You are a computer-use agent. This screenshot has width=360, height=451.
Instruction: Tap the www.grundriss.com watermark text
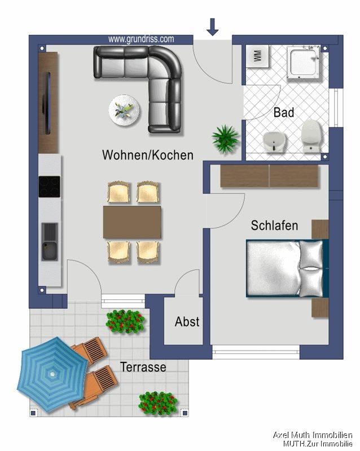[x=141, y=39]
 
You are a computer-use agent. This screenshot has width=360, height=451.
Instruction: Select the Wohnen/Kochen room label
[x=147, y=155]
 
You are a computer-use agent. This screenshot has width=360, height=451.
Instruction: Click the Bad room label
[x=284, y=113]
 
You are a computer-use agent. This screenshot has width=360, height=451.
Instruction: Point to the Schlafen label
[x=274, y=225]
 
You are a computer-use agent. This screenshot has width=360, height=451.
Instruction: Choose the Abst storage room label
[x=187, y=322]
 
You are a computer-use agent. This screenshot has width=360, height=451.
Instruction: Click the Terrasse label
[x=143, y=368]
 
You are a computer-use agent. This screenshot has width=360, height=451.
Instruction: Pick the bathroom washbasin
[x=274, y=140]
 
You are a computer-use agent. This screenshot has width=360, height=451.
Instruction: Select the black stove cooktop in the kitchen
[x=49, y=187]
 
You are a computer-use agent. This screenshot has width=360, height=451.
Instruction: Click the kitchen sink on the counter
[x=49, y=241]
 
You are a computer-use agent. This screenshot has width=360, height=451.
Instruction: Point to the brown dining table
[x=132, y=222]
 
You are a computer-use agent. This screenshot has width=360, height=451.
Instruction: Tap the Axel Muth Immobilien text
[x=313, y=435]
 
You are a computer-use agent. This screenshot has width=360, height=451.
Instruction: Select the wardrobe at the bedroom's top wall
[x=269, y=176]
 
